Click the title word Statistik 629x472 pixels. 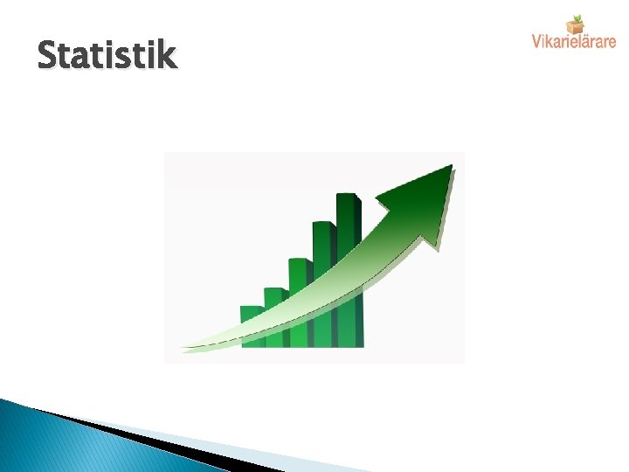tap(107, 56)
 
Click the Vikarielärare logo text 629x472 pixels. tap(574, 41)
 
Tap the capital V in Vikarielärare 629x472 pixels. tap(536, 40)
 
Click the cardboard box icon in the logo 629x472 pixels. tap(575, 24)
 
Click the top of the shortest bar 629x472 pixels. tap(252, 309)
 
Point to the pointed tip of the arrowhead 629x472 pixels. tap(451, 166)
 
